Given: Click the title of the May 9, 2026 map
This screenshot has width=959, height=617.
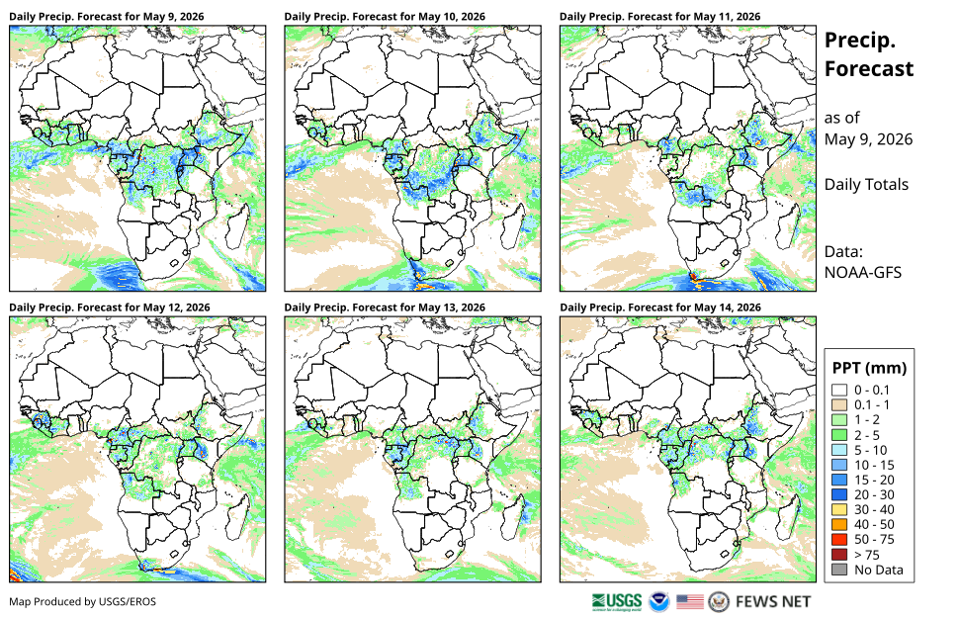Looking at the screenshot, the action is click(x=107, y=17).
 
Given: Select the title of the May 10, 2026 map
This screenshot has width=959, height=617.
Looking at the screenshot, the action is click(x=385, y=17).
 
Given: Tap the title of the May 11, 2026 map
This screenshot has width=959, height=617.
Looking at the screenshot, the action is click(x=659, y=17).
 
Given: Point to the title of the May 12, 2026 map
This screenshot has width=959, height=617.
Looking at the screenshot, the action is click(x=110, y=308).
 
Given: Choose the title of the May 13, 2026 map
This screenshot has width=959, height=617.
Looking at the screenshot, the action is click(x=385, y=308).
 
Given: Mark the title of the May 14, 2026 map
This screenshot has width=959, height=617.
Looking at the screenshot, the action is click(x=660, y=308).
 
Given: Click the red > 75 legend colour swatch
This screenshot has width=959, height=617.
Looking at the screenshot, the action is click(x=839, y=555).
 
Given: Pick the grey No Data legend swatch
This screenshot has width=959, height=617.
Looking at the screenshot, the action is click(x=839, y=570).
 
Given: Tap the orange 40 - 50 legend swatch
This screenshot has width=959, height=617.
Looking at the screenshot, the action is click(x=839, y=525).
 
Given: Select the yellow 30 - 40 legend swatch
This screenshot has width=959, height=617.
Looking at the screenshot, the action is click(x=839, y=509).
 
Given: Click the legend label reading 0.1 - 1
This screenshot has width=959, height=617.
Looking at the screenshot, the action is click(x=872, y=404).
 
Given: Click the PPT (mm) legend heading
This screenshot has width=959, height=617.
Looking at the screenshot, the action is click(x=869, y=368).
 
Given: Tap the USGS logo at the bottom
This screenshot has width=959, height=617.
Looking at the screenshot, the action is click(x=617, y=602).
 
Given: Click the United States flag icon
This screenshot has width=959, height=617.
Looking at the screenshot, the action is click(x=690, y=602).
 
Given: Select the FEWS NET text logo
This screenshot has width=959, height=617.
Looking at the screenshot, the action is click(x=773, y=602).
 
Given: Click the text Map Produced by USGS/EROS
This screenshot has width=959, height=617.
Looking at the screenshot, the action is click(x=83, y=602).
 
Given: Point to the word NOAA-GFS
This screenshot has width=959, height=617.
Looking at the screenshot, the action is click(x=863, y=272).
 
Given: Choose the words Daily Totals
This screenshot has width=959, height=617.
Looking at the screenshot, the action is click(x=866, y=184).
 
